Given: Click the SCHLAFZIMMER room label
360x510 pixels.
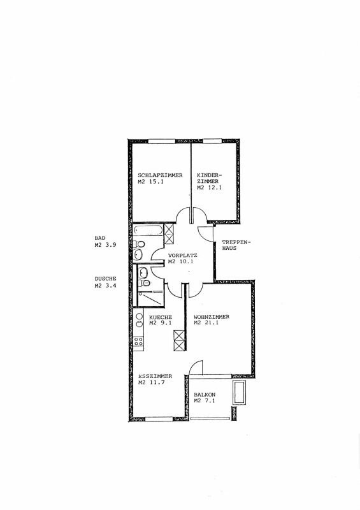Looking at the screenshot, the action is point(160,175).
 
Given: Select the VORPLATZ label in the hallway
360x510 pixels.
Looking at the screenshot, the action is point(182,256).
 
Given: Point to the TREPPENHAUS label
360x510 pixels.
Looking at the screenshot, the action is point(237,245).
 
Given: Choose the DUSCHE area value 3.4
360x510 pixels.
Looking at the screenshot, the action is point(112,286).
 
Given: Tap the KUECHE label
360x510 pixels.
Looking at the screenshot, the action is point(161,317).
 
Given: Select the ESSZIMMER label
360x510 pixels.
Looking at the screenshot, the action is point(155,376).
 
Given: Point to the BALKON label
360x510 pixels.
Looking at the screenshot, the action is point(205,395).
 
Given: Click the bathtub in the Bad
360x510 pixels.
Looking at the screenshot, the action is point(148,230).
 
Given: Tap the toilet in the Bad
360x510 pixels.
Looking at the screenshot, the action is point(139,244).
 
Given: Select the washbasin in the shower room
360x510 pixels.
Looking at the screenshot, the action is point(143,272).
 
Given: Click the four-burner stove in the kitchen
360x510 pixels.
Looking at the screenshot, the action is point(138,341).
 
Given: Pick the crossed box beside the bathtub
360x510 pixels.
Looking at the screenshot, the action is point(169,233).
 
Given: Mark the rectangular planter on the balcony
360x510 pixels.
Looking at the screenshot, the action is point(240,392).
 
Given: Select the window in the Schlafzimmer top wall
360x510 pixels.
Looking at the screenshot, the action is point(162,142).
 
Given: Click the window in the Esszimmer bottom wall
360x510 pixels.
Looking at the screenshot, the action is point(159,419).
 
